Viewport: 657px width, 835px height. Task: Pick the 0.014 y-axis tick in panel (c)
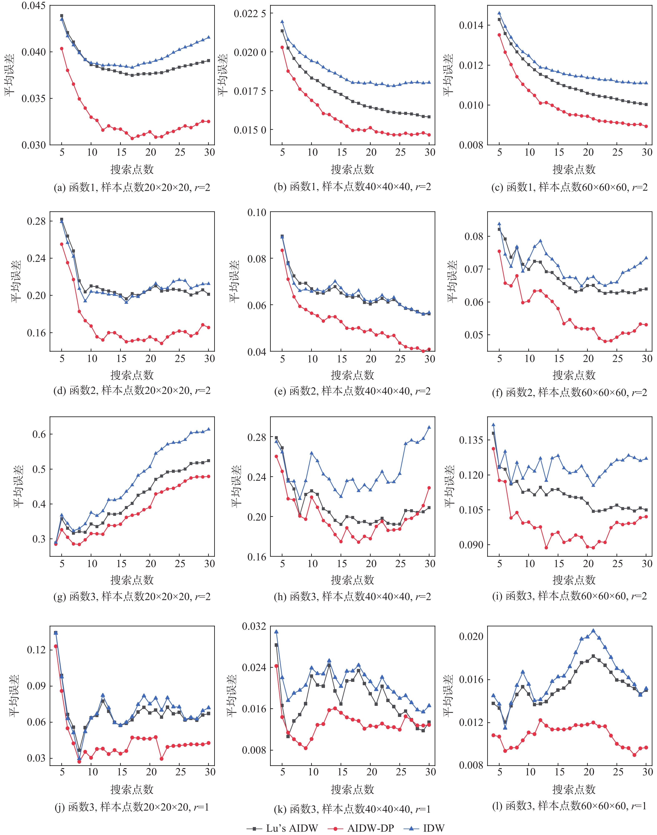coord(471,25)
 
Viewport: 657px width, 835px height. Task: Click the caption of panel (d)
coord(132,391)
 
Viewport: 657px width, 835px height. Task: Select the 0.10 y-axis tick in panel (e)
coord(257,212)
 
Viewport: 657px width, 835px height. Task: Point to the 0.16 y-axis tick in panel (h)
coord(257,557)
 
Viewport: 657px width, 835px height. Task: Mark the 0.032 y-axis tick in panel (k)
coord(254,626)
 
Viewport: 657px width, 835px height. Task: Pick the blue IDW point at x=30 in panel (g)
coord(209,429)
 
